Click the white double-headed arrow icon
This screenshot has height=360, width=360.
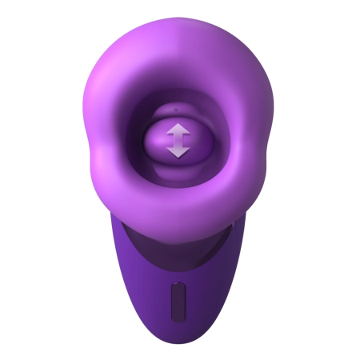(178, 140)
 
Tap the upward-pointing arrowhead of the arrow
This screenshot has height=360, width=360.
(178, 130)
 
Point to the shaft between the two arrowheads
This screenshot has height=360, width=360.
(178, 140)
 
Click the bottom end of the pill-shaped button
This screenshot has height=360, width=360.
(178, 315)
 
